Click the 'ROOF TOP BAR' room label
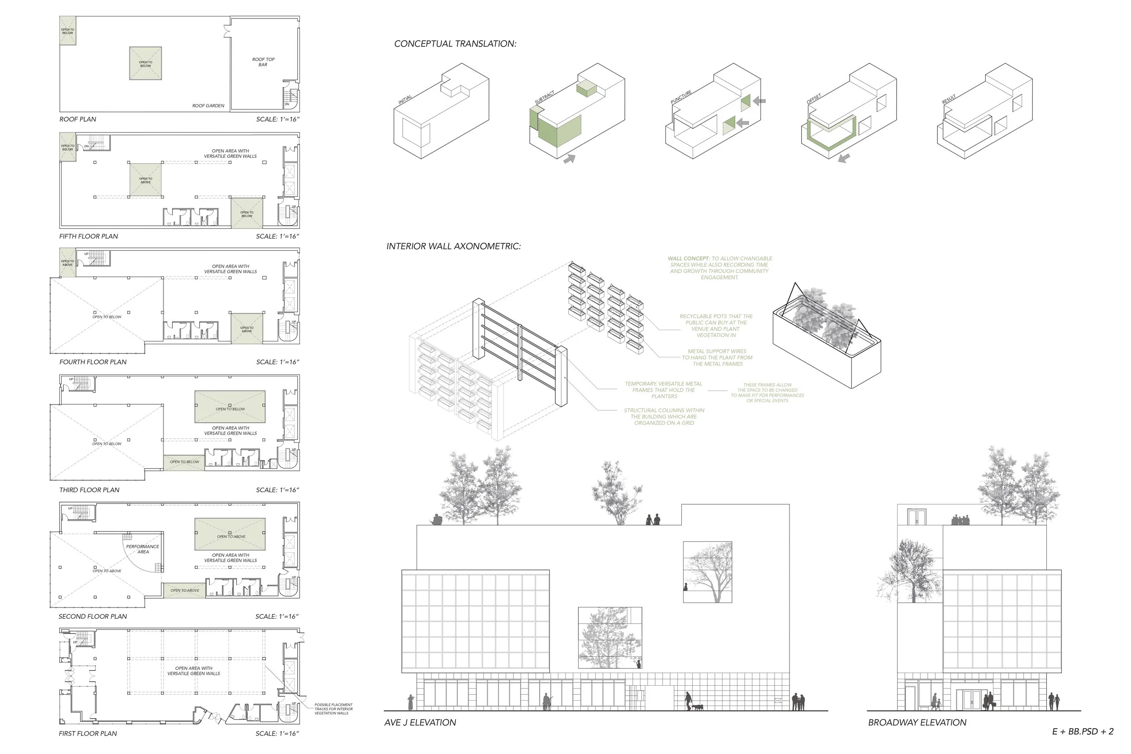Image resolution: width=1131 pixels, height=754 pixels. point(263,62)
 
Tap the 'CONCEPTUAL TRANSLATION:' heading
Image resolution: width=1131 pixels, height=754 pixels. point(455,44)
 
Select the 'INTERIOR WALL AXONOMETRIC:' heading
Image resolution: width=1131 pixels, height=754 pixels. point(453,246)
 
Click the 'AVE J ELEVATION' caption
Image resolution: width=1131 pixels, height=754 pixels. point(420,722)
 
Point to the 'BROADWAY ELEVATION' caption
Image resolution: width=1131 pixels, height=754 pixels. point(917,722)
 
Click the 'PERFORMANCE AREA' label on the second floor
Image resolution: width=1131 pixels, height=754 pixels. point(143,549)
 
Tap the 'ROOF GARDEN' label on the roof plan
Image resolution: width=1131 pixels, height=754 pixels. point(208,106)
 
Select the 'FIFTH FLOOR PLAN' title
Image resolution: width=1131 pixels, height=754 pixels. point(89,236)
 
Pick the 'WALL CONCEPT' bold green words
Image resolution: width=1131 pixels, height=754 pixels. point(688,259)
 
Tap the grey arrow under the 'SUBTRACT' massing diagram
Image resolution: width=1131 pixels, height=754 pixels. point(570,158)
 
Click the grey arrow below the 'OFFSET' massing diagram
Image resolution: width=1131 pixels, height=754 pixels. point(843,158)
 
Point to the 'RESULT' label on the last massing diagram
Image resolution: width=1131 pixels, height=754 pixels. point(949,100)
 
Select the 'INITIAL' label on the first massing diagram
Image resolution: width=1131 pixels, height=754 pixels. point(405,100)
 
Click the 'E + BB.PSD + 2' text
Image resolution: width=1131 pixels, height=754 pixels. point(1083,731)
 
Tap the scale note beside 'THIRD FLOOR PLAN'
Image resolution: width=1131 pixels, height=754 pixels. point(277,490)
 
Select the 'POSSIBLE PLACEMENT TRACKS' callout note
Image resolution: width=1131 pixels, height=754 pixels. point(333,709)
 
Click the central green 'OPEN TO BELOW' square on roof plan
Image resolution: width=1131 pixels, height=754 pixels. point(146,63)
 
